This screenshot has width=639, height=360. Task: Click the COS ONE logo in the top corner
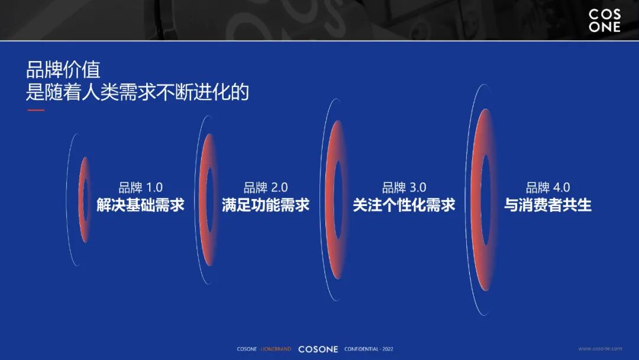coord(604,21)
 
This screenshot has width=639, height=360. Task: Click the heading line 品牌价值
coord(63,70)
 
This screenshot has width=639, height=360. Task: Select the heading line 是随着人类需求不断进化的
coord(137,92)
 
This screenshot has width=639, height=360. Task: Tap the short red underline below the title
coord(35,110)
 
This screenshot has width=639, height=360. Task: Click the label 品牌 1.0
coord(140,188)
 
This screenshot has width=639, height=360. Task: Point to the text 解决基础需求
coord(140,205)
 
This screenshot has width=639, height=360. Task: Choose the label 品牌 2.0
coord(266,188)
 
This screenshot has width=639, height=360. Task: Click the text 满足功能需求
coord(266,205)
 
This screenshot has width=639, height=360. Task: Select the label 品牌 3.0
coord(404,188)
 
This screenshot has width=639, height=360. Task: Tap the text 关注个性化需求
coord(404,205)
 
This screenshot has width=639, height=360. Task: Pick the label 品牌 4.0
coord(548,188)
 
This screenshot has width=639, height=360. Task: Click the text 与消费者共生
coord(548,205)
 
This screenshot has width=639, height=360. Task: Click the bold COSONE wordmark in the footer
coord(318,349)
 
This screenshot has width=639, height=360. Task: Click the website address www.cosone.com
coord(599,349)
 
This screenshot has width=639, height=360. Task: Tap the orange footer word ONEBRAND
coord(276,349)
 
